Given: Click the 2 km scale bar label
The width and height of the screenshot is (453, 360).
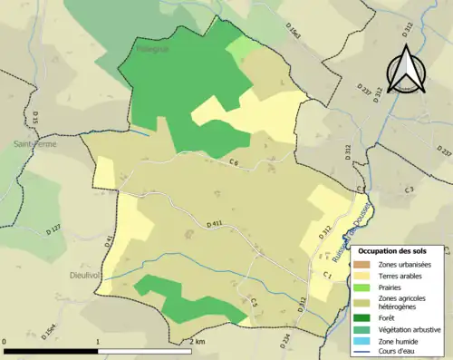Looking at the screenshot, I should point(198,341).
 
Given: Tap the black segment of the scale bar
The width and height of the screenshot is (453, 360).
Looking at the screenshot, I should point(51,350).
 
